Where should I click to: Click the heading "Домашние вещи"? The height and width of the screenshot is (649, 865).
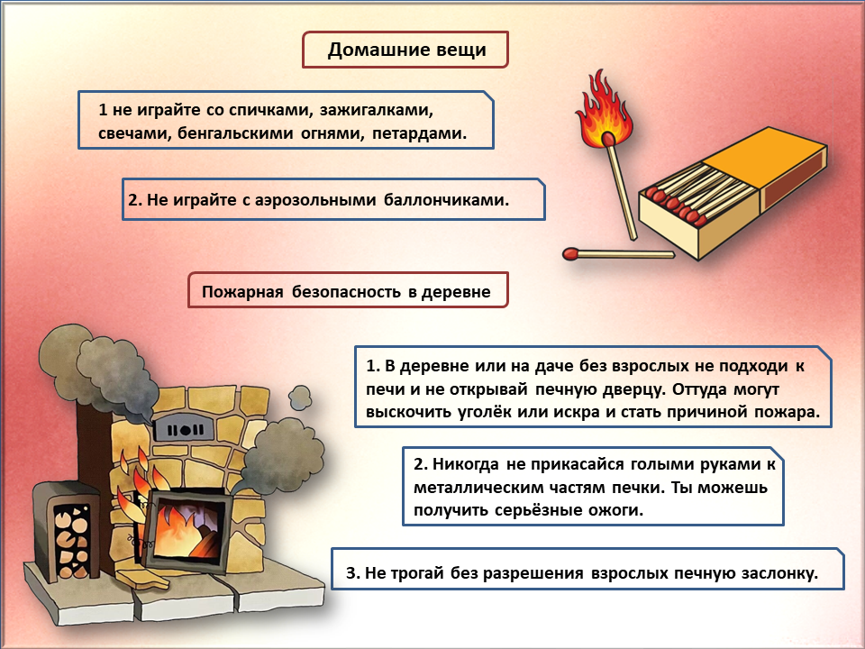coord(406,50)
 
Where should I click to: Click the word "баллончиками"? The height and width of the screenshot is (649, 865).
coord(447,200)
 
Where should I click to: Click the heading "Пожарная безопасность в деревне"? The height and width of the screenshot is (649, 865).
coord(347,292)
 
